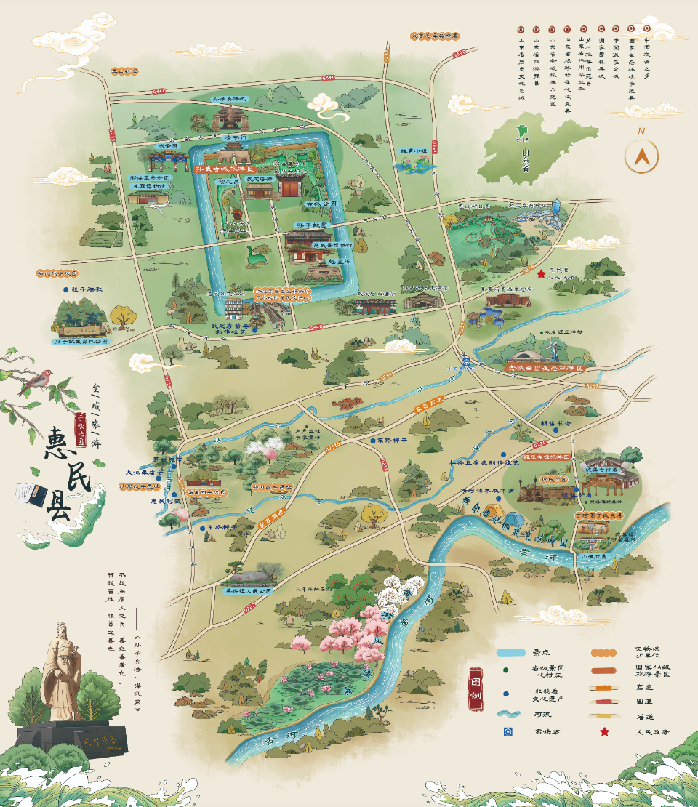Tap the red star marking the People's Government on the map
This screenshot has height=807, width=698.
pyautogui.click(x=540, y=274)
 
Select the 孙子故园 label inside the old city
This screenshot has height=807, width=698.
pyautogui.click(x=308, y=225)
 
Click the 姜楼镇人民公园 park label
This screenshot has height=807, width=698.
pyautogui.click(x=246, y=591)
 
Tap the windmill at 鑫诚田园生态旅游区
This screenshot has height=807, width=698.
pyautogui.click(x=554, y=350)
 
